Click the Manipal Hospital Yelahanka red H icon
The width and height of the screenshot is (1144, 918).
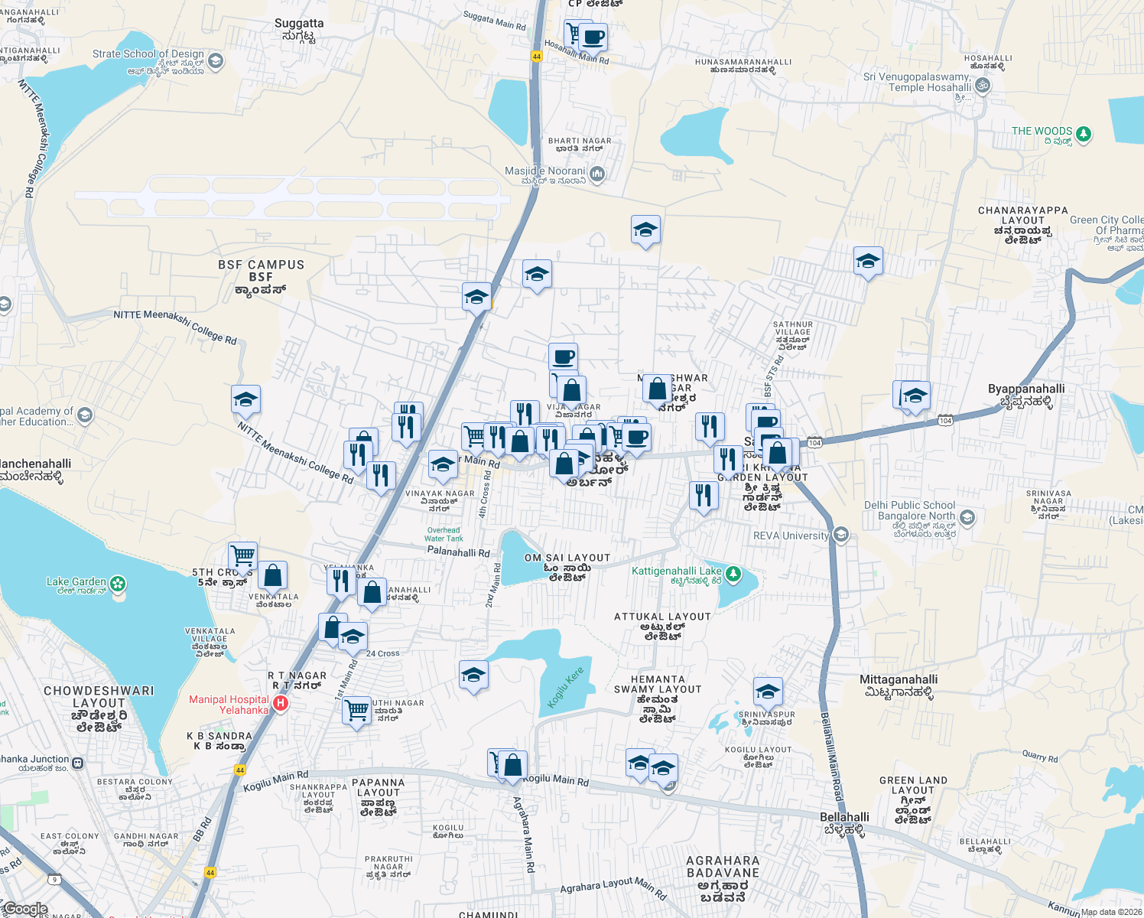(281, 703)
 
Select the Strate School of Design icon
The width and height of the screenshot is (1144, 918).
(216, 61)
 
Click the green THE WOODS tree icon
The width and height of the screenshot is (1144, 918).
(1083, 135)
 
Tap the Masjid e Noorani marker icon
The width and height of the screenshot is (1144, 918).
(597, 174)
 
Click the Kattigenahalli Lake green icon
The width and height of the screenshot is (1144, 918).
(733, 573)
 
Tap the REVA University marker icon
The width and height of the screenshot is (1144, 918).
(841, 534)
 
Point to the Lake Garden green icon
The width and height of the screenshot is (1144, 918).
(118, 585)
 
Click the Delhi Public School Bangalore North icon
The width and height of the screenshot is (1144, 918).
(967, 518)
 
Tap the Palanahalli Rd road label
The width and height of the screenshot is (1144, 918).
(458, 552)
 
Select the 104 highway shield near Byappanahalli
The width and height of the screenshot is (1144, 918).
(945, 420)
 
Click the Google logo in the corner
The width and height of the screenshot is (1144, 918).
(25, 909)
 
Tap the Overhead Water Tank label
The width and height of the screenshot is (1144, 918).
(444, 534)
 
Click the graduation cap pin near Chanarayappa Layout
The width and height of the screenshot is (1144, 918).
(868, 262)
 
